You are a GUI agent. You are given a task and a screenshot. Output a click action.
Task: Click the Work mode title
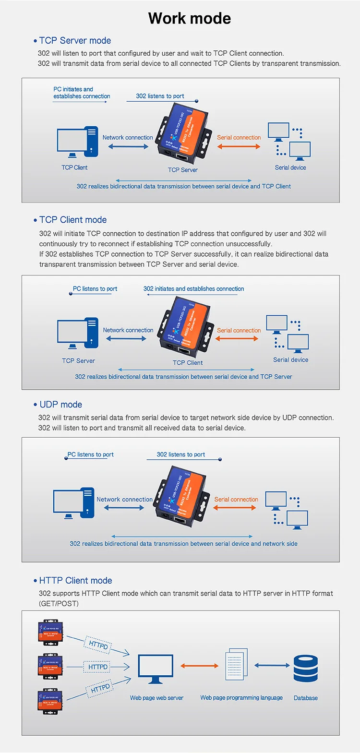pyautogui.click(x=190, y=18)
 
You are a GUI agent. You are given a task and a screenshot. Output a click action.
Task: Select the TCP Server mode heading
pyautogui.click(x=75, y=41)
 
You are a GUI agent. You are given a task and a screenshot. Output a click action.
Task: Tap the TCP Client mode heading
pyautogui.click(x=73, y=220)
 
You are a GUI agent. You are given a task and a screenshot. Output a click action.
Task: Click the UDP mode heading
pyautogui.click(x=60, y=405)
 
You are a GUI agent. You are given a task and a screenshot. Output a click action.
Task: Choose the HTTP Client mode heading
pyautogui.click(x=75, y=581)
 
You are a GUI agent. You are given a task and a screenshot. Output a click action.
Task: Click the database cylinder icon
pyautogui.click(x=306, y=669)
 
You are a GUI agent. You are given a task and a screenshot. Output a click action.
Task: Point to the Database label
pyautogui.click(x=306, y=698)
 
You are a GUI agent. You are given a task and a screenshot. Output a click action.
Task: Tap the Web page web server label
pyautogui.click(x=156, y=698)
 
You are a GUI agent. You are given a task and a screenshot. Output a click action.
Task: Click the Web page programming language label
pyautogui.click(x=241, y=698)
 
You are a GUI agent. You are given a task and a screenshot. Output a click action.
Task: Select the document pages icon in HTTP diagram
pyautogui.click(x=237, y=664)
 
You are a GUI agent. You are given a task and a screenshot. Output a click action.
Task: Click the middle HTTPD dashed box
pyautogui.click(x=98, y=667)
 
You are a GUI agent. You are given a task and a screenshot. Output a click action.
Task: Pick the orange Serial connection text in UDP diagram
pyautogui.click(x=236, y=500)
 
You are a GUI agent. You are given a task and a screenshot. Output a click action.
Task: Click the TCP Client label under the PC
pyautogui.click(x=74, y=167)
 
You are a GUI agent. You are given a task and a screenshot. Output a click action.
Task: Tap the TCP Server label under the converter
pyautogui.click(x=182, y=170)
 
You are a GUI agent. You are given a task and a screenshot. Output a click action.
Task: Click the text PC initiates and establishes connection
pyautogui.click(x=82, y=93)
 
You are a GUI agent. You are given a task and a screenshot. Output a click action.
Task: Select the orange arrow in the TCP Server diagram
pyautogui.click(x=239, y=146)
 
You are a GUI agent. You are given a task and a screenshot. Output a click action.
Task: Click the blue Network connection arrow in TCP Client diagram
pyautogui.click(x=126, y=338)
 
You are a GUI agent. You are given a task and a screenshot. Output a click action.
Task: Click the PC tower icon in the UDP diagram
pyautogui.click(x=88, y=502)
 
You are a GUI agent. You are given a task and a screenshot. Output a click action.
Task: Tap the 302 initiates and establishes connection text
pyautogui.click(x=193, y=289)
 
